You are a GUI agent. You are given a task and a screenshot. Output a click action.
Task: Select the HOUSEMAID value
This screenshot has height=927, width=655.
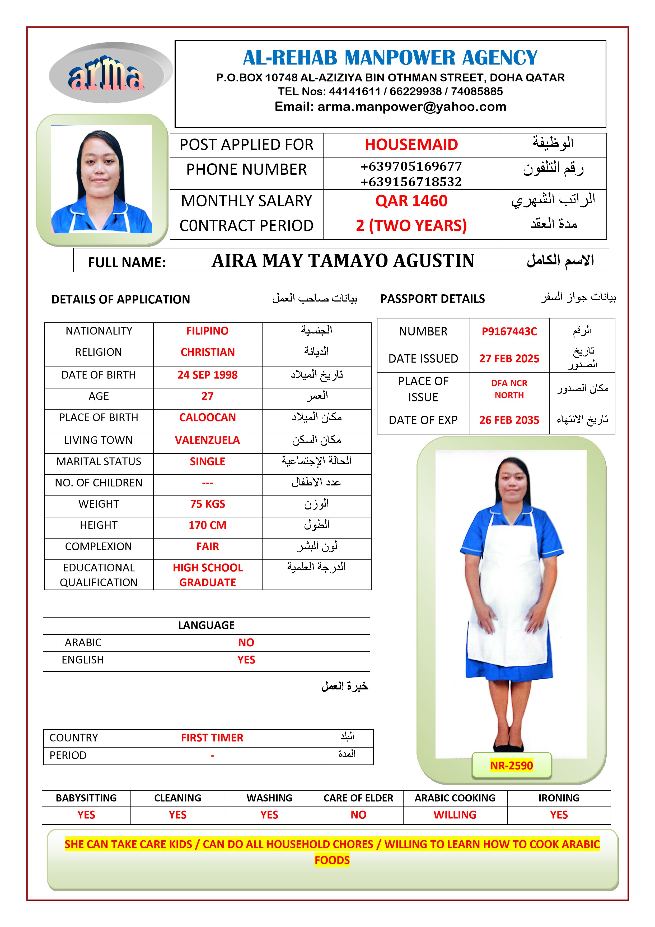pyautogui.click(x=411, y=145)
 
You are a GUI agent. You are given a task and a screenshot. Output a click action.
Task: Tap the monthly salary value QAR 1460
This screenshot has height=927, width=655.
pyautogui.click(x=411, y=201)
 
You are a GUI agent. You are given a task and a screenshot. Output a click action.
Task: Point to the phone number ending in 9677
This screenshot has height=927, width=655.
pyautogui.click(x=411, y=166)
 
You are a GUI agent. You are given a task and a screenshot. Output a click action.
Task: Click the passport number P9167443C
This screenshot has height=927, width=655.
pyautogui.click(x=509, y=331)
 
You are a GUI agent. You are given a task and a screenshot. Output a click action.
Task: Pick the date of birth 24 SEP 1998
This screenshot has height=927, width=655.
pyautogui.click(x=207, y=375)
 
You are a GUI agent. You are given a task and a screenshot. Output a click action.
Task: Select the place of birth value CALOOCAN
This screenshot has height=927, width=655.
pyautogui.click(x=207, y=418)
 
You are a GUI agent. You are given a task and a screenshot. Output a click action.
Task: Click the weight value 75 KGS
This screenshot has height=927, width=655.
pyautogui.click(x=207, y=504)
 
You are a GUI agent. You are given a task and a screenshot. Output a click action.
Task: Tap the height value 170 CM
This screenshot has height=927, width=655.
pyautogui.click(x=207, y=525)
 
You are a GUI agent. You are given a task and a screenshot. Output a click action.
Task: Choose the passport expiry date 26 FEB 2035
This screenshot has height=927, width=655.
pyautogui.click(x=509, y=420)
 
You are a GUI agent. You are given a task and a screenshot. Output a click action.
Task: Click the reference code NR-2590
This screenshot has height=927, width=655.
pyautogui.click(x=511, y=766)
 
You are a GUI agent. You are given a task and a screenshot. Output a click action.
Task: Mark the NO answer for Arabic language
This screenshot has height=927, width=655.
pyautogui.click(x=246, y=643)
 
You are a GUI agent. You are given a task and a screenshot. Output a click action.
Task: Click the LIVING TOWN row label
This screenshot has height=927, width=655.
pyautogui.click(x=99, y=440)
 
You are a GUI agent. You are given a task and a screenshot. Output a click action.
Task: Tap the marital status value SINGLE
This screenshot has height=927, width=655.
pyautogui.click(x=207, y=461)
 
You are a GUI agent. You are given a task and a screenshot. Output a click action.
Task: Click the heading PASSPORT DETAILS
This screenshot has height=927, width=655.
pyautogui.click(x=432, y=299)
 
